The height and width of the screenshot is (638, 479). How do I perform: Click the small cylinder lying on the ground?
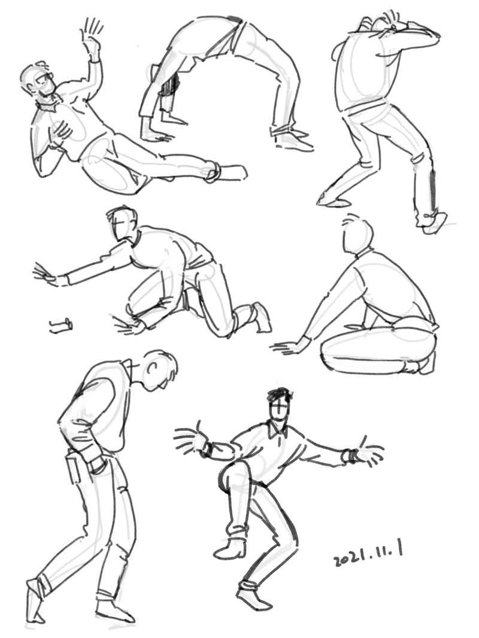click(61, 326)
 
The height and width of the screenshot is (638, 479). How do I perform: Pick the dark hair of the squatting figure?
click(280, 394)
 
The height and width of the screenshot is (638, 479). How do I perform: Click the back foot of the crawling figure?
click(261, 315)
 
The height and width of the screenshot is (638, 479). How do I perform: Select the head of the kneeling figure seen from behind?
click(357, 236)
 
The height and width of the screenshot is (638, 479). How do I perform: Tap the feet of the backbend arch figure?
click(292, 138)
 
